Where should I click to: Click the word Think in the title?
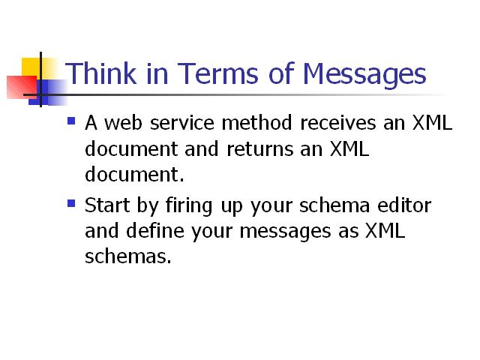click(100, 73)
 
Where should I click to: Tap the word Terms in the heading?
click(217, 73)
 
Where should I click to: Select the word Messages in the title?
click(364, 75)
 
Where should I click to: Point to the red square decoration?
click(22, 87)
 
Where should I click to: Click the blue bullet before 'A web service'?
click(71, 121)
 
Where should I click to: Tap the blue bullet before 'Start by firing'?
click(71, 203)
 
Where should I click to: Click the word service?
click(181, 123)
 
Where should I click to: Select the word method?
click(256, 123)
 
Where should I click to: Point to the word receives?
click(337, 123)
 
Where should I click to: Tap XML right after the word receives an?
click(432, 123)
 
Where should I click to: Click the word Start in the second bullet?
click(106, 205)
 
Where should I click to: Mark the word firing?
click(188, 206)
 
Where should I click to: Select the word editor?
click(404, 205)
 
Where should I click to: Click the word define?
click(155, 230)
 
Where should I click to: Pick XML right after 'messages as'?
click(385, 230)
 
